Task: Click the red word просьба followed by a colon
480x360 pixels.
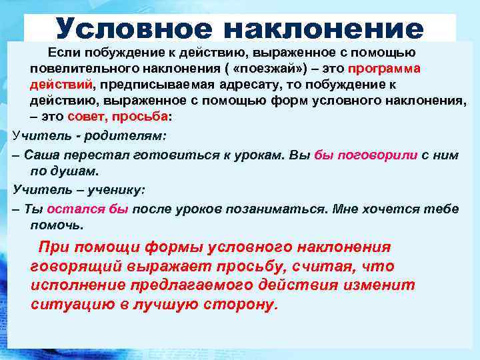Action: tap(143, 117)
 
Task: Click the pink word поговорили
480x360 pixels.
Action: tap(376, 155)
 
